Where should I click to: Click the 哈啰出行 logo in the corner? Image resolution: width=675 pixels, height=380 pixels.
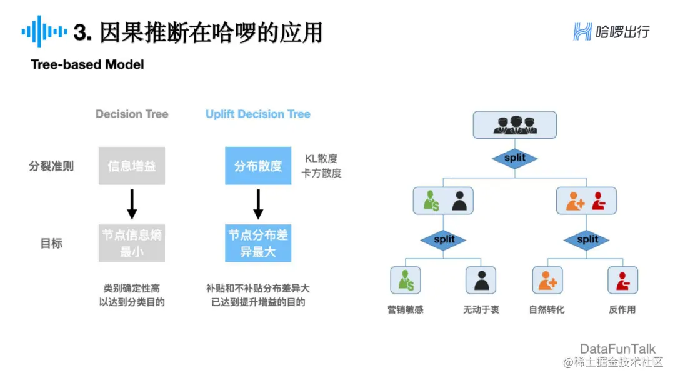(611, 31)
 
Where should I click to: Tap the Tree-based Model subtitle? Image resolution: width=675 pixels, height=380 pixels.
(87, 65)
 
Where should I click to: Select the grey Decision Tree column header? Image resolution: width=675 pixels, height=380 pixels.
(132, 114)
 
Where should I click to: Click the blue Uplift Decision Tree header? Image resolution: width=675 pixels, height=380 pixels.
(258, 114)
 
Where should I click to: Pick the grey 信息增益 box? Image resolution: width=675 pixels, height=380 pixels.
(132, 166)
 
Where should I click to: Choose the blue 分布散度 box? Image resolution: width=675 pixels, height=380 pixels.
(258, 166)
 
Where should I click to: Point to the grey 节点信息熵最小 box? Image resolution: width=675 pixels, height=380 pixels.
(132, 244)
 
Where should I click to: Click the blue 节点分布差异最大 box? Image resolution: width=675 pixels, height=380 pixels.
(258, 244)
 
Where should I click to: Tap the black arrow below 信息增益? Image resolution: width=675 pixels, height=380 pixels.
(132, 204)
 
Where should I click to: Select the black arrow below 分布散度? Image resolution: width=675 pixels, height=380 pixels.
(258, 204)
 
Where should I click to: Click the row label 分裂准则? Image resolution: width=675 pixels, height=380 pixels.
(51, 166)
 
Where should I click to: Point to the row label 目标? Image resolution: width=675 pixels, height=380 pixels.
(51, 244)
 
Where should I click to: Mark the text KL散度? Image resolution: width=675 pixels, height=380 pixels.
(321, 159)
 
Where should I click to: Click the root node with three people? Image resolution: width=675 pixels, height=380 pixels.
(514, 125)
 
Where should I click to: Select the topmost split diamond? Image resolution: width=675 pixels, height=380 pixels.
(514, 158)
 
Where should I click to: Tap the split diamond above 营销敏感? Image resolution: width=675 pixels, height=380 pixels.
(444, 239)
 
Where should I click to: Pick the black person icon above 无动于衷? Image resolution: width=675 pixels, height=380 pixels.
(481, 281)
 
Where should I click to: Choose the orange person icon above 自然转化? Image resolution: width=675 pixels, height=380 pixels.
(547, 281)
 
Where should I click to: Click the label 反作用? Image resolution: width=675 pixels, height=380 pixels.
(622, 309)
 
